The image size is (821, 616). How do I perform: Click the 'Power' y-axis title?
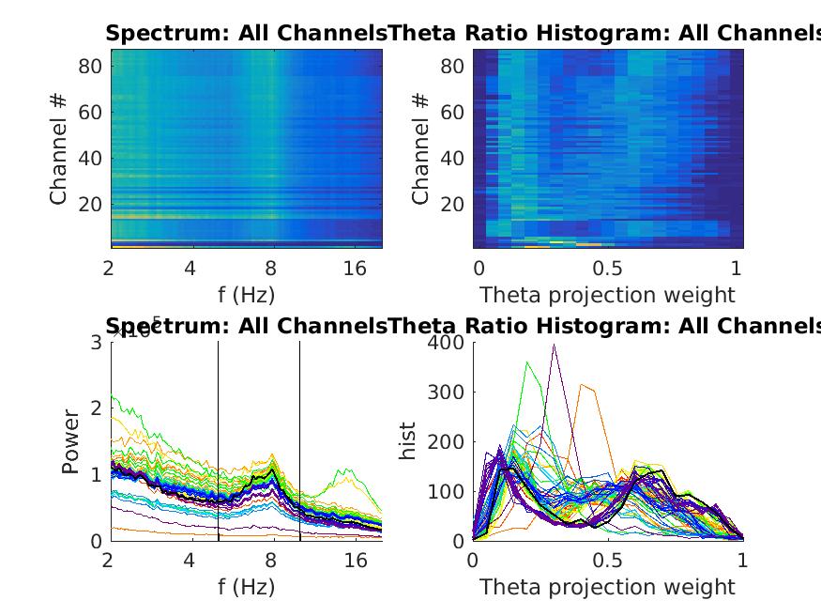click(71, 440)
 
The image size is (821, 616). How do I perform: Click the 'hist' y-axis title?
click(407, 440)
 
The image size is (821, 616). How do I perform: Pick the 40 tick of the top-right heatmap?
click(451, 158)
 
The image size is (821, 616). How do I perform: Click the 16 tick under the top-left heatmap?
click(355, 269)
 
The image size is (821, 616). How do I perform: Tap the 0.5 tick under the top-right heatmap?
click(607, 269)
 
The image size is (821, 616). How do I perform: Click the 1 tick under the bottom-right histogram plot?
click(742, 561)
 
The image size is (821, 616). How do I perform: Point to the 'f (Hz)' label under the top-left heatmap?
click(246, 295)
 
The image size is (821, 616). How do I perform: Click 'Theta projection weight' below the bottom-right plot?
click(607, 588)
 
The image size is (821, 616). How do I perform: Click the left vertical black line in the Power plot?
click(219, 441)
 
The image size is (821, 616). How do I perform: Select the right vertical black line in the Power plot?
click(300, 441)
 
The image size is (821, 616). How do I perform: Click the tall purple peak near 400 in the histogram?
click(555, 346)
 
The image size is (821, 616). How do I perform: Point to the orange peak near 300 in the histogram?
click(583, 385)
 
